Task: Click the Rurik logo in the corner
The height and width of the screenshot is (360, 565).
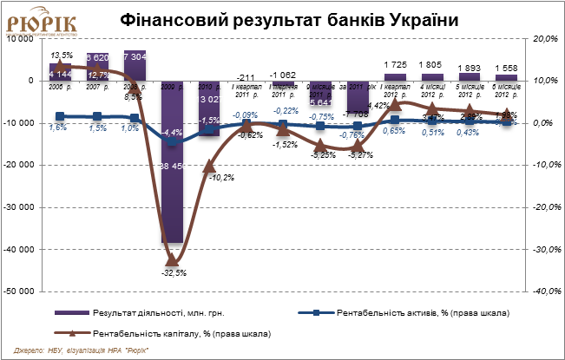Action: click(42, 23)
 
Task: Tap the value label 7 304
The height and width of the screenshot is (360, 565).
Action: click(135, 56)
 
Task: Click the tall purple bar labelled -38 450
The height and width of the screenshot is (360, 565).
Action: click(172, 200)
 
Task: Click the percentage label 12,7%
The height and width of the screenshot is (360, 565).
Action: click(99, 75)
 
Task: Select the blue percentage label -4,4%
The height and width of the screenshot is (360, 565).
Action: click(172, 133)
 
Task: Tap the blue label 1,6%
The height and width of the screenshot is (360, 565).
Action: click(59, 128)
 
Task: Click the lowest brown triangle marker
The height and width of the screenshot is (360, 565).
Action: click(172, 259)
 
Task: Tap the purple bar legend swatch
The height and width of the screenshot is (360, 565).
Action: click(73, 312)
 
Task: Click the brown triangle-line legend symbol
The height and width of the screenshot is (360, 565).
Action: click(73, 332)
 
